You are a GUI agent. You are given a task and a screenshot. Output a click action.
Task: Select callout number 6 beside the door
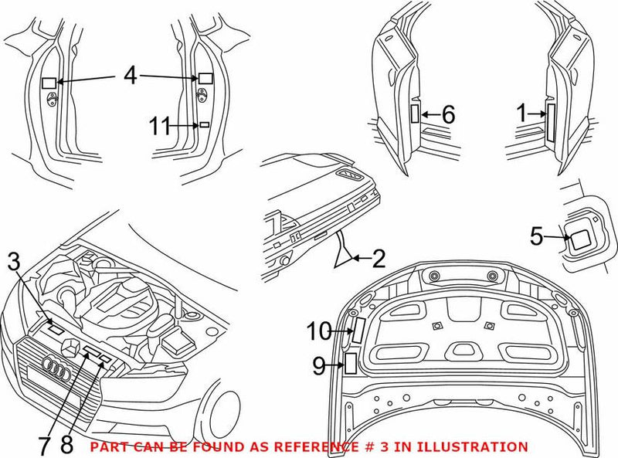pyautogui.click(x=448, y=115)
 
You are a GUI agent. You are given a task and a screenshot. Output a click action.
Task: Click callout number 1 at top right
pyautogui.click(x=523, y=114)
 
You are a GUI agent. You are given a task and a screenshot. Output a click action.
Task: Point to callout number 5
pyautogui.click(x=537, y=236)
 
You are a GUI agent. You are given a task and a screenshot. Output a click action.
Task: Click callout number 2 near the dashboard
pyautogui.click(x=378, y=259)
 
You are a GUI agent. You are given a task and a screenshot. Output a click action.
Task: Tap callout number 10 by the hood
pyautogui.click(x=318, y=331)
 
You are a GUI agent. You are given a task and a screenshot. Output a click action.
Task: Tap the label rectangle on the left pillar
pyautogui.click(x=49, y=82)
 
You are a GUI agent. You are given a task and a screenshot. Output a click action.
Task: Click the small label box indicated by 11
pyautogui.click(x=205, y=124)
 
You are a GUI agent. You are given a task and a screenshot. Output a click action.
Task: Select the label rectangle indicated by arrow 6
pyautogui.click(x=415, y=115)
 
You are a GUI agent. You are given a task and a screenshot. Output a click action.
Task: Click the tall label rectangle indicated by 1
pyautogui.click(x=550, y=122)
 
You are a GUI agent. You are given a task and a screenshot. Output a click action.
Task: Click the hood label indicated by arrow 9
pyautogui.click(x=349, y=363)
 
